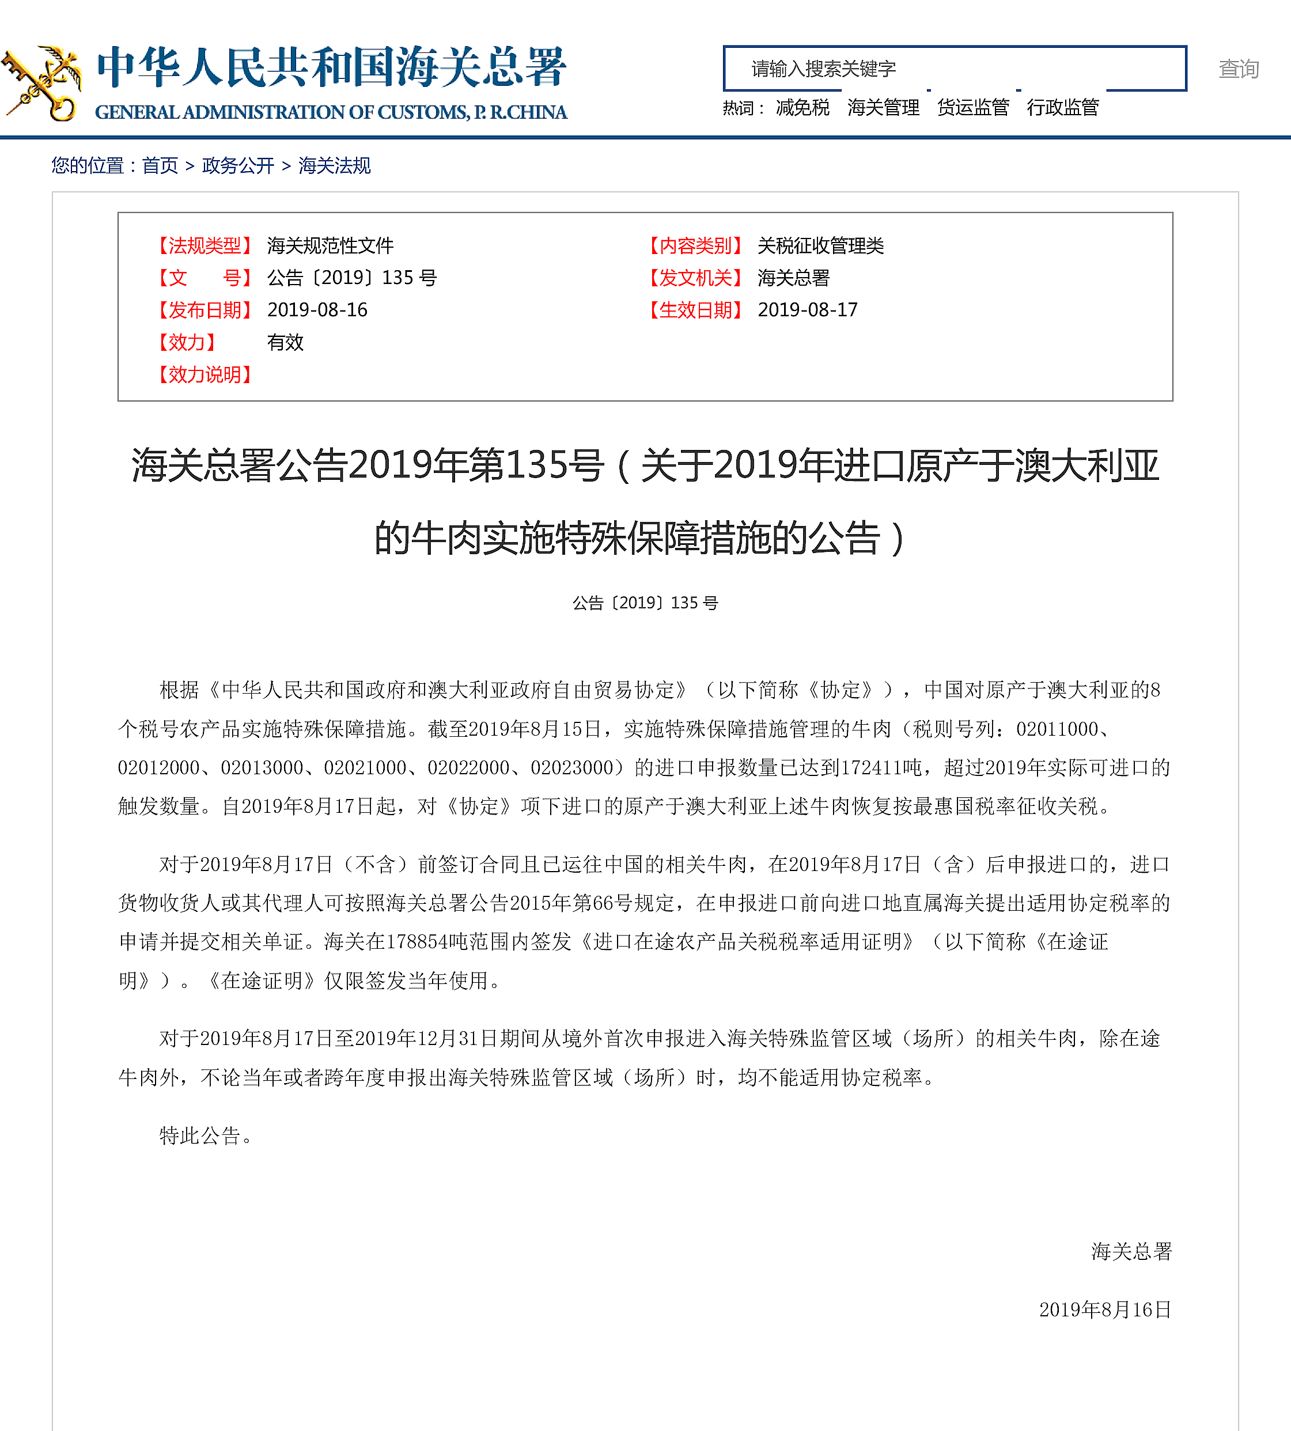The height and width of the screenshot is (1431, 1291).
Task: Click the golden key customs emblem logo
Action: point(40,83)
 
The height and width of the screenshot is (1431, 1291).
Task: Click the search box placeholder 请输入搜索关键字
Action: point(823,69)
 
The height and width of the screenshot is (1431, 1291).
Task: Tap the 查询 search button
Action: point(1238,69)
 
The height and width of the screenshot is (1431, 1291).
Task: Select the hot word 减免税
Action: point(802,108)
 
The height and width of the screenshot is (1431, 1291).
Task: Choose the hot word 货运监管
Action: point(972,108)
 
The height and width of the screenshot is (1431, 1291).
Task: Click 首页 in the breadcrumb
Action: point(160,166)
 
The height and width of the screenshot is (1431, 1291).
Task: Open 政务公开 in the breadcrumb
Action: point(237,166)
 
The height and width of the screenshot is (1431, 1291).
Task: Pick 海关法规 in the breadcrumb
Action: point(334,166)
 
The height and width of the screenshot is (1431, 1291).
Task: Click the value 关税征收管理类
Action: point(820,246)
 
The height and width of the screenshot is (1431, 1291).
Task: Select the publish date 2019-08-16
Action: point(317,310)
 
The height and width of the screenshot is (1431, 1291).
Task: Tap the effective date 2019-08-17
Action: point(807,310)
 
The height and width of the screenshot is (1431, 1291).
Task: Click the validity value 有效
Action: point(285,343)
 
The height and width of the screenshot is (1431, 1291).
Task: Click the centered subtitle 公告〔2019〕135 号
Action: point(645,603)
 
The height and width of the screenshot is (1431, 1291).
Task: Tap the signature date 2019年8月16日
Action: point(1104,1309)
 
